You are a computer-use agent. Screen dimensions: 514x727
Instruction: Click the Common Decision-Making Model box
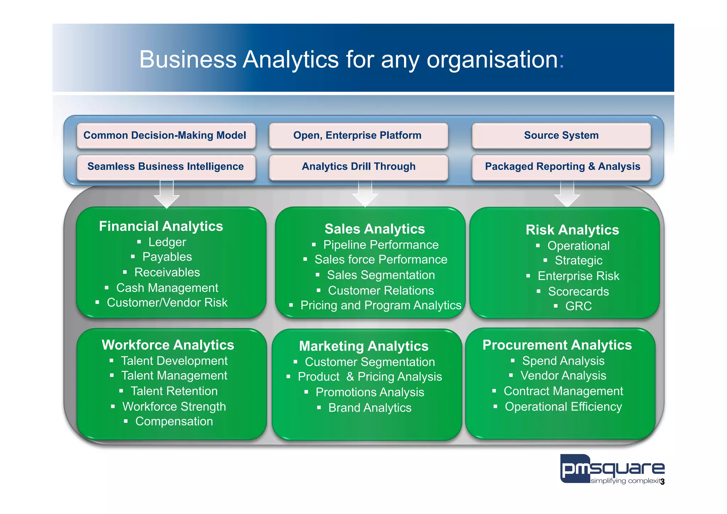tap(166, 135)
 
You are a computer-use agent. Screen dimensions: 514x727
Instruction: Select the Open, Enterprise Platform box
tap(358, 135)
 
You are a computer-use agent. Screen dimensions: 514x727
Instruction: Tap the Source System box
tap(561, 135)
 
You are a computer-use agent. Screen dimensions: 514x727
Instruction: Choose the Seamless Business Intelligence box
tap(166, 167)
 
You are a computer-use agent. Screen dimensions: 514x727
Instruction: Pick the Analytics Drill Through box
tap(358, 167)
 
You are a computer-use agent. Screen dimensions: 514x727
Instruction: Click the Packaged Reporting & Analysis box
tap(562, 167)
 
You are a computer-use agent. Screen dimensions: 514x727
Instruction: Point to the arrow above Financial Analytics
tap(166, 194)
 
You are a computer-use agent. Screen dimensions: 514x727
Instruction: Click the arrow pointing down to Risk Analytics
tap(567, 194)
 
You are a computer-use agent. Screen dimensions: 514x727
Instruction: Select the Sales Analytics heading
tap(375, 229)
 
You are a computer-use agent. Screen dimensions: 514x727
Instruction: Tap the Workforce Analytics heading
tap(168, 345)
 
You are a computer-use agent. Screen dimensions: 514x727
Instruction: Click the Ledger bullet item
tap(167, 242)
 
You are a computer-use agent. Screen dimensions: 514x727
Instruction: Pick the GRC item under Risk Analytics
tap(578, 306)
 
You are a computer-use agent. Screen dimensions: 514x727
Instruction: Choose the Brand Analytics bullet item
tap(370, 408)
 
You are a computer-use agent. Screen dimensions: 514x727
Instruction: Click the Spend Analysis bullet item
tap(563, 361)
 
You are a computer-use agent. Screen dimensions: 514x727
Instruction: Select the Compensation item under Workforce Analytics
tap(174, 422)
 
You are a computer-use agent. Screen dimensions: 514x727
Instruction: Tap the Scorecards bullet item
tap(578, 292)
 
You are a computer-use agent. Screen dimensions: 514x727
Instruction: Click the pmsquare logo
tap(612, 469)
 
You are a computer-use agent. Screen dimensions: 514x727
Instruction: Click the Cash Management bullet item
tap(167, 288)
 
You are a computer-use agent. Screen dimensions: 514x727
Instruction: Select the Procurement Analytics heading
tap(557, 345)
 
